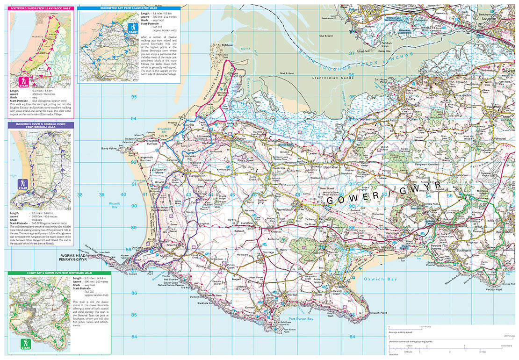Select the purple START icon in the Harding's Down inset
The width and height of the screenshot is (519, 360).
pos(22,184)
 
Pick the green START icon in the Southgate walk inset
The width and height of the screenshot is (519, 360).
pos(25,344)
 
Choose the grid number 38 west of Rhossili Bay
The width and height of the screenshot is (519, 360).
pos(79,195)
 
